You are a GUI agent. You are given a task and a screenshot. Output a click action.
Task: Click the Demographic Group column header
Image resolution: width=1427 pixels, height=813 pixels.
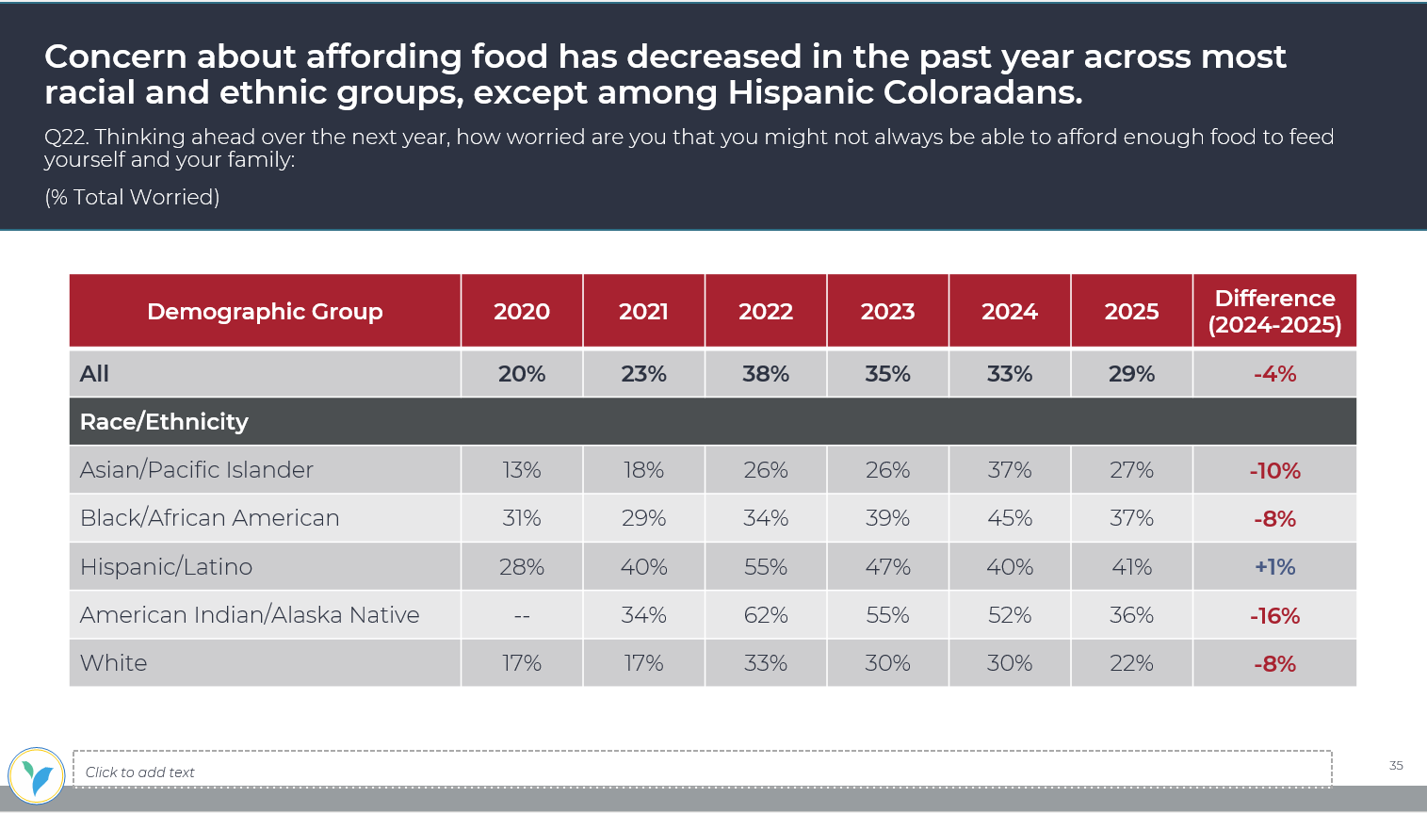point(265,312)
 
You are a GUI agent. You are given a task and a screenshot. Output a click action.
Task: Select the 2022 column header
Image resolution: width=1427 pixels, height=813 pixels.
point(765,312)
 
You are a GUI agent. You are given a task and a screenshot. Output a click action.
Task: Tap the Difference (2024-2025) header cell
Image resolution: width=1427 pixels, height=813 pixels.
point(1274,312)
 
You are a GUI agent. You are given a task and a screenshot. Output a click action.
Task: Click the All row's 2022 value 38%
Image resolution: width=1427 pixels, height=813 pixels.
point(765,374)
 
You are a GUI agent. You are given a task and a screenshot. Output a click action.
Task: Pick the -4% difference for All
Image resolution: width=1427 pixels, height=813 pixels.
point(1274,374)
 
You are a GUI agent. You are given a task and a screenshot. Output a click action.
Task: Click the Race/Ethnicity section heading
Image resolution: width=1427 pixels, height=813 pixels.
point(164,422)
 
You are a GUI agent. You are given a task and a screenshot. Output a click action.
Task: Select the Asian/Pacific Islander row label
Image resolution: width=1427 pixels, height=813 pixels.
point(196,470)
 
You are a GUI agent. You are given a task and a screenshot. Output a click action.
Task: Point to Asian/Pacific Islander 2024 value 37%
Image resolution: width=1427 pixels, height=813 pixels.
point(1009,470)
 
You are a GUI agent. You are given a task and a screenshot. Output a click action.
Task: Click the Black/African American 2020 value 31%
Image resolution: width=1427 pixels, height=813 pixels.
point(521,518)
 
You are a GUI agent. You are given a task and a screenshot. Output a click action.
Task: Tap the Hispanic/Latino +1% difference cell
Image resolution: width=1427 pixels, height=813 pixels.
point(1274,567)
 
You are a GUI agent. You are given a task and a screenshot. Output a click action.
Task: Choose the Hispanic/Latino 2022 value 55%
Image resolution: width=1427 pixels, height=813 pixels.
point(765,567)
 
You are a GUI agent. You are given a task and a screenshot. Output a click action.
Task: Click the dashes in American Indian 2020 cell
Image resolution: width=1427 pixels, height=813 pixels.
point(521,616)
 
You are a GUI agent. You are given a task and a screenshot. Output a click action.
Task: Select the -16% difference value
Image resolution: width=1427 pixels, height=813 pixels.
point(1274,616)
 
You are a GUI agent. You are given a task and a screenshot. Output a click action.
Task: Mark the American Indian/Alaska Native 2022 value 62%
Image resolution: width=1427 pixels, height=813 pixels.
point(765,615)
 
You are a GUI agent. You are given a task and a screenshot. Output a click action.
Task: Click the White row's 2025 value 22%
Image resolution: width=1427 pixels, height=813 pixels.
point(1131,663)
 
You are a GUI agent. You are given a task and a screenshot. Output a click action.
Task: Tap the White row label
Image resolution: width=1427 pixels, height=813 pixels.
point(113,663)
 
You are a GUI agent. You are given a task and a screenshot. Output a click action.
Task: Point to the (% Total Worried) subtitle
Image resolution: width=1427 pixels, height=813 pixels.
point(132,197)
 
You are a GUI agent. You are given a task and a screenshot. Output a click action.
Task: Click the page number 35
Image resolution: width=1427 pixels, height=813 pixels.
point(1396,765)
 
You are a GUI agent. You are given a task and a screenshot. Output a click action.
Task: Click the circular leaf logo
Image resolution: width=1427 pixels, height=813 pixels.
point(37,776)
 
